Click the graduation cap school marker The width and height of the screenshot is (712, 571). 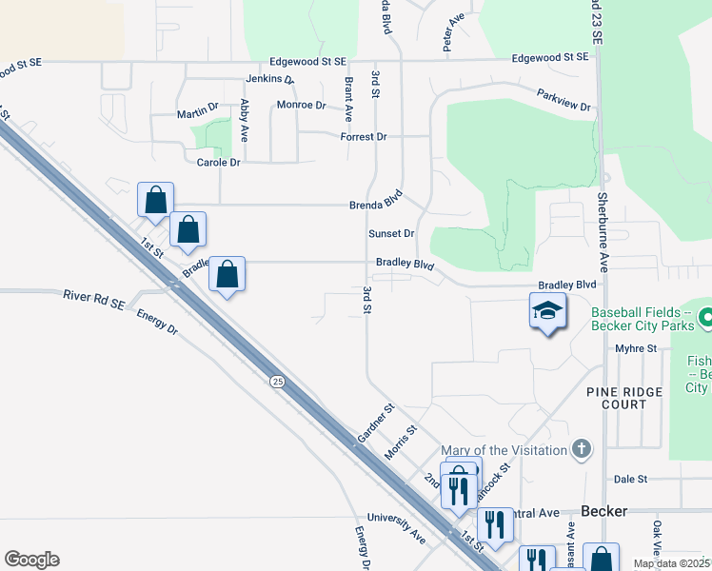(547, 311)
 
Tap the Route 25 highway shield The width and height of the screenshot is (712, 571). (277, 382)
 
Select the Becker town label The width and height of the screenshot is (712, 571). (603, 511)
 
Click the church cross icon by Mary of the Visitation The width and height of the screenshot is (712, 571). (583, 448)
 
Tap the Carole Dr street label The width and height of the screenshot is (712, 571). (218, 163)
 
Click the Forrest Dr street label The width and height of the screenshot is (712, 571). (364, 137)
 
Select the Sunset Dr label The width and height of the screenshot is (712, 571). (392, 233)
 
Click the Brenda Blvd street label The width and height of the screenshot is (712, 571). (377, 205)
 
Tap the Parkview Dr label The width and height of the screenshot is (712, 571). (564, 98)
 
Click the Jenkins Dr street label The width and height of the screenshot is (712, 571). (269, 79)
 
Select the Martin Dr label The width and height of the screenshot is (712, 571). (198, 114)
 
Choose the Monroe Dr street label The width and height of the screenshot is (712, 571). (301, 105)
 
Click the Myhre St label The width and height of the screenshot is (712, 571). (637, 349)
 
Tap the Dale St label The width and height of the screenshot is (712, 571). (630, 480)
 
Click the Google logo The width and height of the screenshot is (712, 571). (31, 559)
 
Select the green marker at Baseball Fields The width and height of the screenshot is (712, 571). (705, 316)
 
